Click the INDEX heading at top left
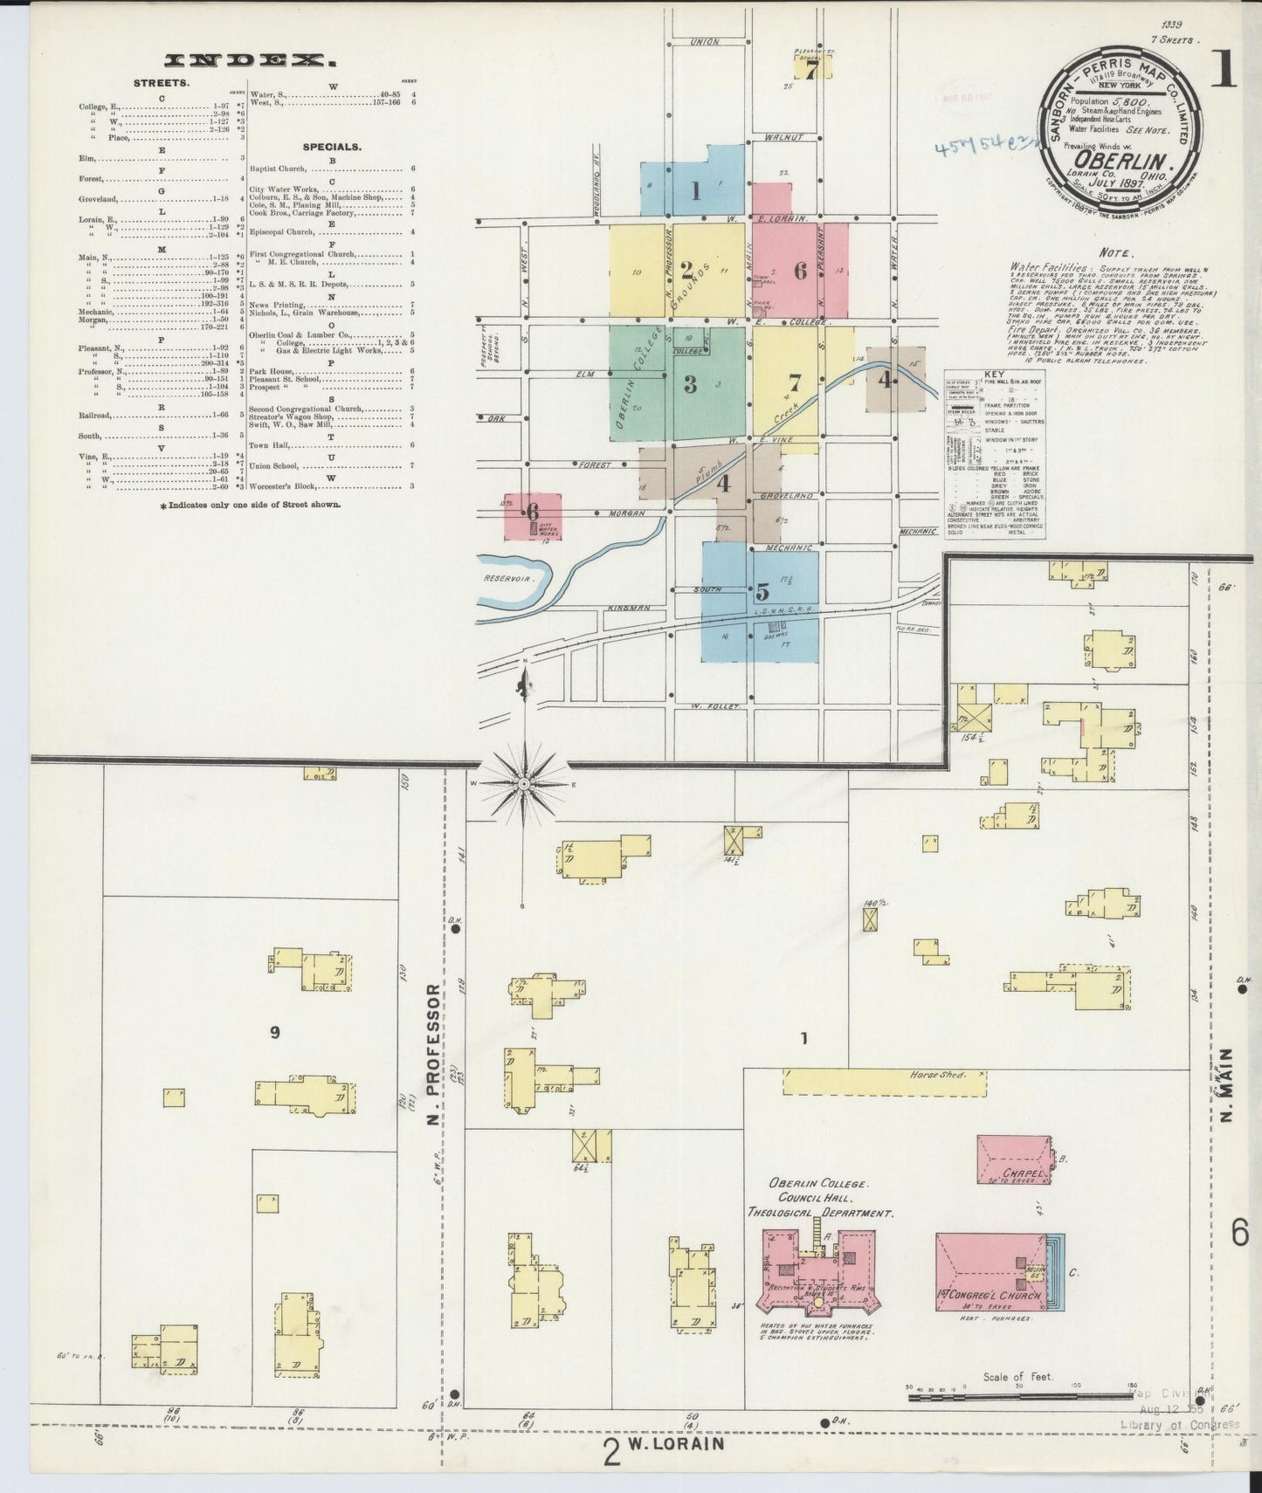[250, 60]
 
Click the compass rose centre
[523, 784]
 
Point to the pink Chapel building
[1013, 1159]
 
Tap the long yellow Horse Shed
[884, 1082]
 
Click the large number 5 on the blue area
[762, 590]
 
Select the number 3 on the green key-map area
[690, 383]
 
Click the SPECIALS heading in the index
[332, 147]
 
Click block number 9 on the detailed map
[275, 1033]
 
